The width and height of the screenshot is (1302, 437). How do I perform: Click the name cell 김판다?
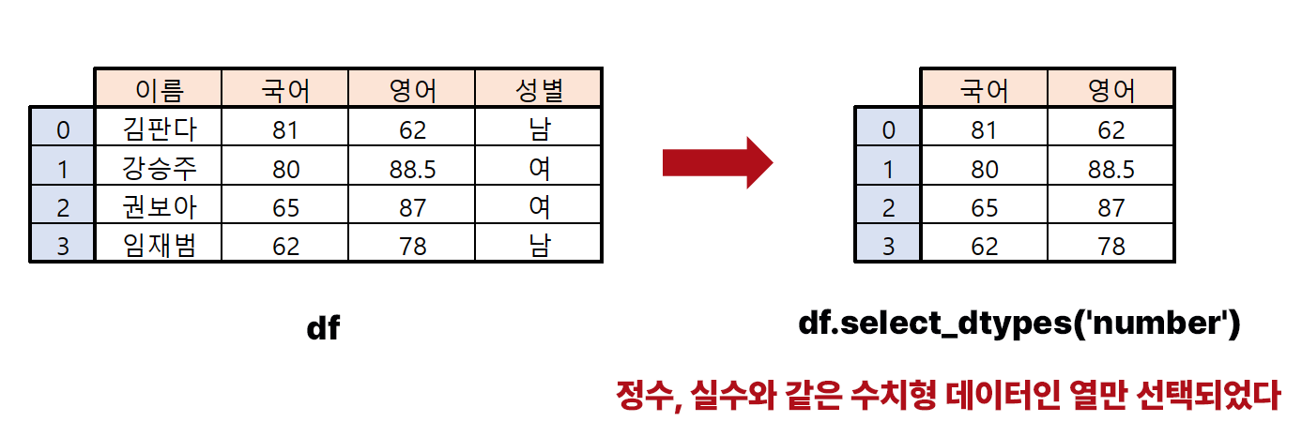159,128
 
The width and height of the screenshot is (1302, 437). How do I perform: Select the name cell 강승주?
159,168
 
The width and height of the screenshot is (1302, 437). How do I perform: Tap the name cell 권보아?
159,206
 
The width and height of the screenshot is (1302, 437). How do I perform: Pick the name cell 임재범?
159,245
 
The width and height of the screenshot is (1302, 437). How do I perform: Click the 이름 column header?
159,89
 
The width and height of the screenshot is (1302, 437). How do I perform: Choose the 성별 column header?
539,89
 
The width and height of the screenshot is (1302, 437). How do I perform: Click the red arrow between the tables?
717,163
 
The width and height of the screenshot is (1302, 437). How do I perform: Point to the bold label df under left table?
323,328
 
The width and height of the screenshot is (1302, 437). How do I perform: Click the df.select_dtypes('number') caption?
1019,324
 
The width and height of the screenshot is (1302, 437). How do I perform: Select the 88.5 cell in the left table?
412,168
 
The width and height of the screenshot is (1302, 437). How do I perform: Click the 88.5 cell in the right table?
1111,168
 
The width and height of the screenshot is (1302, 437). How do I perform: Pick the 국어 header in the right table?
983,89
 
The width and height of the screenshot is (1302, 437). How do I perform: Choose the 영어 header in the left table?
412,89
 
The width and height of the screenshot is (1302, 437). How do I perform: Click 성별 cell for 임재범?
539,245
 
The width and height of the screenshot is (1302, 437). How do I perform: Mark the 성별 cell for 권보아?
539,206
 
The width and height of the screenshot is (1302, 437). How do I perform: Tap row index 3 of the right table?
887,245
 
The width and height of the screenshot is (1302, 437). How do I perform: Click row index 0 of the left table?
62,128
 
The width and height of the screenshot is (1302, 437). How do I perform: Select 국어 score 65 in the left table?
285,206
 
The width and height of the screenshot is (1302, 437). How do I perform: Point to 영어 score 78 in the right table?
1111,245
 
